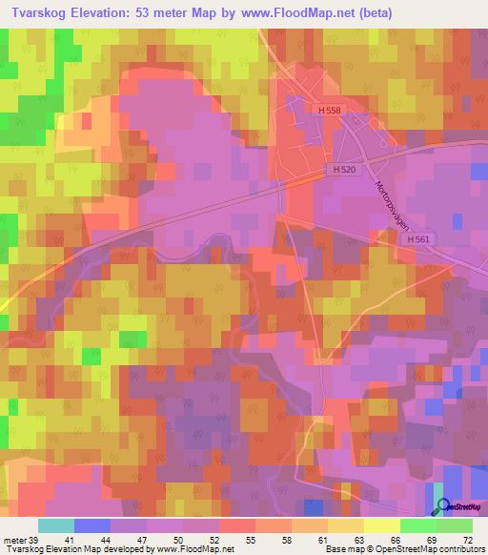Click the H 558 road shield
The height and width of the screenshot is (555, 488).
[330, 111]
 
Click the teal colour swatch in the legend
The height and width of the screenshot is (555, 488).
[56, 525]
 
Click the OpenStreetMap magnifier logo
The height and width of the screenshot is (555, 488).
[441, 506]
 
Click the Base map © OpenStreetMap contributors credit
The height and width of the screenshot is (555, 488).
[404, 549]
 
